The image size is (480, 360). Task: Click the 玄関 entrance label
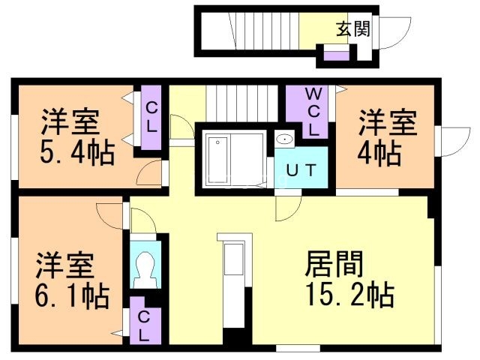(352, 30)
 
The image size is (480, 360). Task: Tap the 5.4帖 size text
(76, 154)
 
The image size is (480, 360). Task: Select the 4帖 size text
(378, 154)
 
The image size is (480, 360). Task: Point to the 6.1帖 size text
(72, 295)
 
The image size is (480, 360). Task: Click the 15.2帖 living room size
(349, 295)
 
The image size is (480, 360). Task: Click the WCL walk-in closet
(315, 111)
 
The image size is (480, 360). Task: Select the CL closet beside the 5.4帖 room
(151, 118)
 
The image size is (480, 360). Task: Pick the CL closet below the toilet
(143, 319)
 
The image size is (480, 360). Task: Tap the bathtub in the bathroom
(220, 160)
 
